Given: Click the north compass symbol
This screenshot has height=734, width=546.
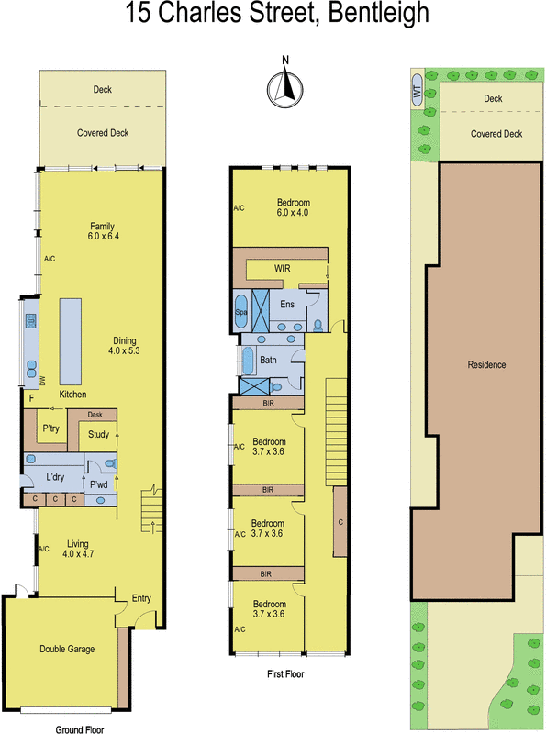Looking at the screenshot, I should coord(284,86).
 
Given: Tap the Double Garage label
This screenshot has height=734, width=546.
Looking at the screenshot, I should coord(66,649).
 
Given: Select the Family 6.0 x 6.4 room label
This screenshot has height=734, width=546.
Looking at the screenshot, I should coord(101,231).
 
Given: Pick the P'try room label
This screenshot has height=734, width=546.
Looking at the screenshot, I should coord(50,428).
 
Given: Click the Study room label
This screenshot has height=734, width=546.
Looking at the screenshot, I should coord(99,435).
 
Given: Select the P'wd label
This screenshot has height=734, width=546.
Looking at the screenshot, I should coord(99,485).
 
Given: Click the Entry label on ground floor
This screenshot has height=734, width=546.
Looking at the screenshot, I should coord(141,598).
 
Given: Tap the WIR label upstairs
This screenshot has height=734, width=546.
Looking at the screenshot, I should coord(282,268).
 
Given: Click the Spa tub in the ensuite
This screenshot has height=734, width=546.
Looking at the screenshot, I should coord(242,311).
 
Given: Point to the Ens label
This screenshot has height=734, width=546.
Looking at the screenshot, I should coord(286,304).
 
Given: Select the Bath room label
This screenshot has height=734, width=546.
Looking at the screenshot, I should coord(268,361).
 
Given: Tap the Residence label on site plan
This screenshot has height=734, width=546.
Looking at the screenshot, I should coord(486,364).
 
